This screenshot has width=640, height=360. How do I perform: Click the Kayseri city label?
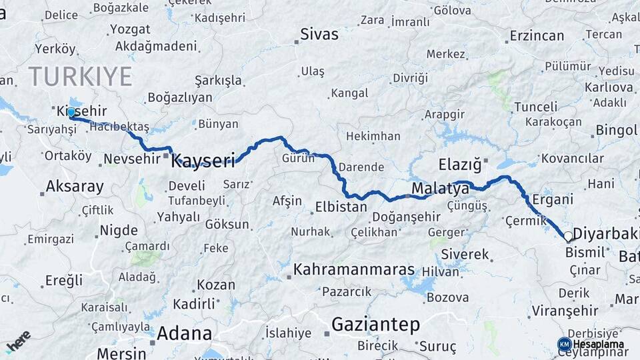tap(203, 160)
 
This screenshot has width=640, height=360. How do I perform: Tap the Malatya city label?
tap(440, 189)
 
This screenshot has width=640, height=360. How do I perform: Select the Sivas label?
tap(319, 34)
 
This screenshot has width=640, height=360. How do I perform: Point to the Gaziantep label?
tap(375, 325)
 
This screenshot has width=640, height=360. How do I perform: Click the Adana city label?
tap(184, 333)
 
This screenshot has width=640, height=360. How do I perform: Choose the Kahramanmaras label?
tap(354, 270)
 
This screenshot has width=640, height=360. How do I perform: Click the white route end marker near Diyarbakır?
tap(568, 236)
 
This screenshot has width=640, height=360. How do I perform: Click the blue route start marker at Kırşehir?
tap(71, 113)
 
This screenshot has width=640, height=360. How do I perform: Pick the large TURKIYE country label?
tap(80, 77)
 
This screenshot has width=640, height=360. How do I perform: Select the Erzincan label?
tap(537, 35)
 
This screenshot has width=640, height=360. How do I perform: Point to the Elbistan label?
tap(341, 207)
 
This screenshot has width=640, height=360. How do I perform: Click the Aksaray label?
tap(75, 186)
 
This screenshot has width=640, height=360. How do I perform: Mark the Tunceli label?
tap(536, 107)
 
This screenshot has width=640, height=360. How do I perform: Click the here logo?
tap(18, 341)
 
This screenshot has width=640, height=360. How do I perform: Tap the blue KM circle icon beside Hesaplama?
tap(564, 344)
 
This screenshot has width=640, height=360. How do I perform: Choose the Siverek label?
tap(465, 254)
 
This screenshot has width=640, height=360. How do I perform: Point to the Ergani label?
tap(553, 199)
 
